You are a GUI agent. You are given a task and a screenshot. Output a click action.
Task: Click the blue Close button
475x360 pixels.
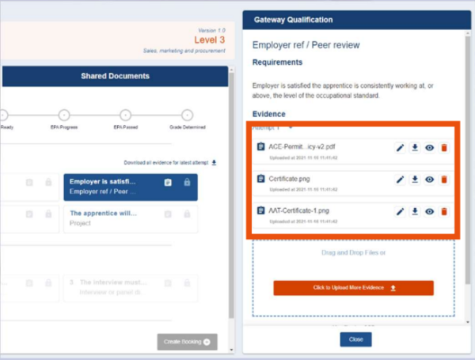[355, 339]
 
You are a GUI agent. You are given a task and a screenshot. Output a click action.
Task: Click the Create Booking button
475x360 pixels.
[187, 342]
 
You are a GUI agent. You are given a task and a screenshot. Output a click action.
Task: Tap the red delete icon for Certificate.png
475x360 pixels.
[443, 180]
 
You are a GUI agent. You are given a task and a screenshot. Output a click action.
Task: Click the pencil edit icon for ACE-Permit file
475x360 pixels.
[400, 147]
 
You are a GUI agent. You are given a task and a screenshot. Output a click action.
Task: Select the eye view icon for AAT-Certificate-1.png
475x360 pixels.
[429, 211]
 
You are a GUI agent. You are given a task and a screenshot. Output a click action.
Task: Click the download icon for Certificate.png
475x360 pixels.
[414, 180]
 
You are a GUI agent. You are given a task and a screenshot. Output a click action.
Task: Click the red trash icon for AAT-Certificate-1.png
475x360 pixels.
[443, 211]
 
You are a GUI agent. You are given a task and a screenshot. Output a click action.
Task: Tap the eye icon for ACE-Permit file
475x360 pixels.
[429, 147]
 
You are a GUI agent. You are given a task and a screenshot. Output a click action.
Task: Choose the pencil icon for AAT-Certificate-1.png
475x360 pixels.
[400, 211]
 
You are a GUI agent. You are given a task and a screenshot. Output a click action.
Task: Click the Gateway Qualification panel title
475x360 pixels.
[293, 19]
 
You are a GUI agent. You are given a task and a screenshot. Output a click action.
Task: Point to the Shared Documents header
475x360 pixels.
[115, 76]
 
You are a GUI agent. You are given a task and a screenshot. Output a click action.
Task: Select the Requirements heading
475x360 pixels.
[277, 62]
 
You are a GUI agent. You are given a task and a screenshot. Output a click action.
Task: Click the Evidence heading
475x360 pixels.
[269, 114]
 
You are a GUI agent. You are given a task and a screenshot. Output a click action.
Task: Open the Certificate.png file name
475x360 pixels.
[289, 179]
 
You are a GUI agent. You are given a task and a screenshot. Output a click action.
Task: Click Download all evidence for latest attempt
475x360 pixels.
[176, 162]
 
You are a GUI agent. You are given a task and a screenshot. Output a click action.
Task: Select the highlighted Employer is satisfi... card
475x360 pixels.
[131, 187]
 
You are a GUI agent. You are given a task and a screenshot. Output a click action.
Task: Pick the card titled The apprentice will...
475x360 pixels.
[131, 218]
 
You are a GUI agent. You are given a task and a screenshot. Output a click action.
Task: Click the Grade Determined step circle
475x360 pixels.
[187, 115]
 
